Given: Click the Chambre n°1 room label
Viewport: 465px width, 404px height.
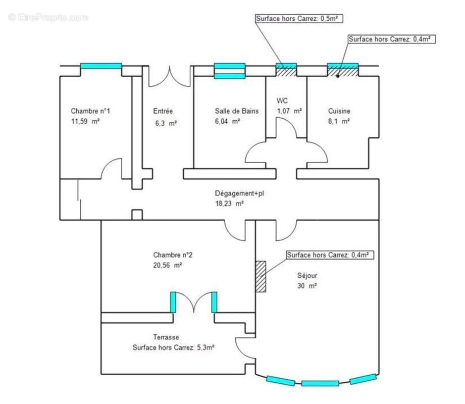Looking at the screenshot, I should click(90, 111).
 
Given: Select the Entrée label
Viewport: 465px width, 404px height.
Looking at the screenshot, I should click(163, 111).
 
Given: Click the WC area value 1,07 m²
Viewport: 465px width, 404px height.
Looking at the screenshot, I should click(289, 111).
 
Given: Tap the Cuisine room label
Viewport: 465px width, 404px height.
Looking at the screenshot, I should click(339, 111).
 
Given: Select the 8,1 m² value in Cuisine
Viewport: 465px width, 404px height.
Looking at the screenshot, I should click(339, 121).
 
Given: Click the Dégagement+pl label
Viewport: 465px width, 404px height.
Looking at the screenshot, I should click(239, 193).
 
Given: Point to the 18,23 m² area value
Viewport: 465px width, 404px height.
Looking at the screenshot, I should click(230, 204).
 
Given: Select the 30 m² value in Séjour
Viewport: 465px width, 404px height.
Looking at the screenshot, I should click(307, 286).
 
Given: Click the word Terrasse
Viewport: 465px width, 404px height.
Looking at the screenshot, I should click(166, 337).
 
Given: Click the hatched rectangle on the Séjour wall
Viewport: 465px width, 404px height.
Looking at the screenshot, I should click(261, 276).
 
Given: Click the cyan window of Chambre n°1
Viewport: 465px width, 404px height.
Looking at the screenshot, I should click(101, 66).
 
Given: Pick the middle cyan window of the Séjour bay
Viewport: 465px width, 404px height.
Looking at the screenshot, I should click(320, 383).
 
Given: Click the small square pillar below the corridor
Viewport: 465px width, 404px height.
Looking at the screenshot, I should click(136, 215).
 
